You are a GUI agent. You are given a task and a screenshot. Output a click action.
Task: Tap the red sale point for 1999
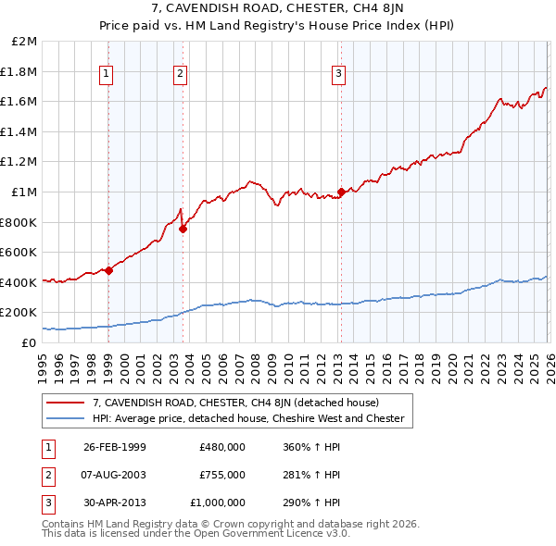coord(108,270)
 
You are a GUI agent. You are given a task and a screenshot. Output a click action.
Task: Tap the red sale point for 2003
coord(183,229)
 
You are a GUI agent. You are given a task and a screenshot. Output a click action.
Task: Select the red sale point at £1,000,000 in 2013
coord(340,192)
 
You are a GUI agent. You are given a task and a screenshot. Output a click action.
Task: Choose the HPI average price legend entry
coord(248,418)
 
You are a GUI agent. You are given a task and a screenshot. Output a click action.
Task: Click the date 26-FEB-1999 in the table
coord(114,447)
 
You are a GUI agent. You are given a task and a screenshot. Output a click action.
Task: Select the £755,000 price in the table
coord(221,475)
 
